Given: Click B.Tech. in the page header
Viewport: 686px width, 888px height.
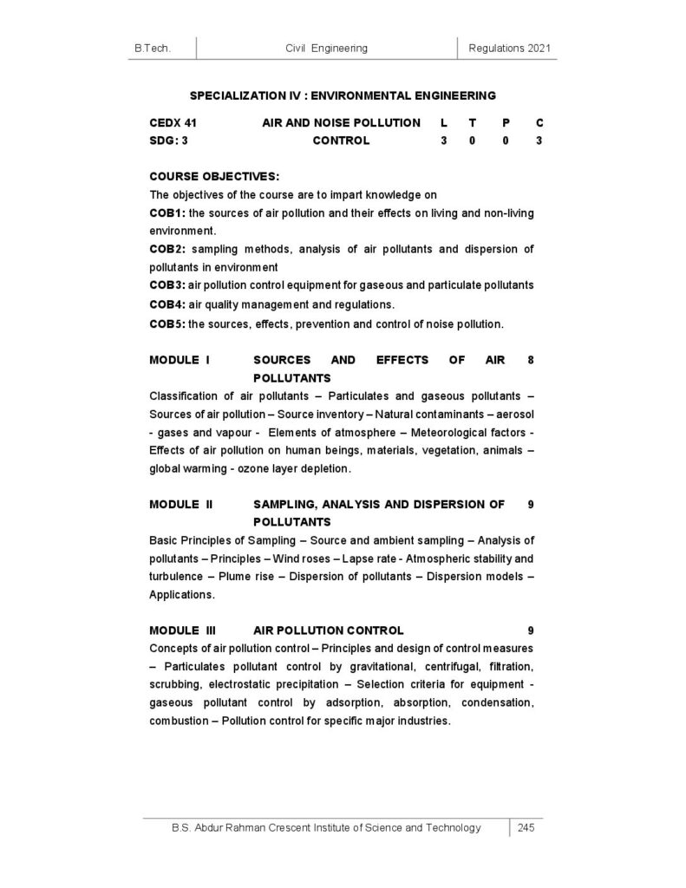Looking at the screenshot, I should (152, 49).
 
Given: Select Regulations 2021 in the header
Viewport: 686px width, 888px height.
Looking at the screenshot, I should (510, 49).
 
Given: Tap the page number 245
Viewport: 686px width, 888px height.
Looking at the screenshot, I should (526, 827).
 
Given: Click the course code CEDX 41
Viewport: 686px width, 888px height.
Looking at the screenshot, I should (173, 123).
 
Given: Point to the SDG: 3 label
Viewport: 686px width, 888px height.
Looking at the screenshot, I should (169, 140).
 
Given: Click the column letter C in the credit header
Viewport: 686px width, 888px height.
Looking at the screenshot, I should (539, 123).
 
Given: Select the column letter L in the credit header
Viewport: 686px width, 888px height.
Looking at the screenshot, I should (443, 123).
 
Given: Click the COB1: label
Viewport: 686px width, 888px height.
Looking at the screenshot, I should (167, 213).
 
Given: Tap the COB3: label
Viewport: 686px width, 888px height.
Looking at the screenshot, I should (167, 285).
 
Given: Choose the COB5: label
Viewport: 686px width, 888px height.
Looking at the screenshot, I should (167, 323).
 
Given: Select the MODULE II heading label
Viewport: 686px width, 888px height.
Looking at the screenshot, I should (180, 503).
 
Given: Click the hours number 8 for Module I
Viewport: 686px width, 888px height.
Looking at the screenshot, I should (531, 359).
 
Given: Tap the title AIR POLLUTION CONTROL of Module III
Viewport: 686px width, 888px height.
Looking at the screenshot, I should (328, 630).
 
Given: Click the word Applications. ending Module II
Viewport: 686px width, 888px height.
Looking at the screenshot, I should (180, 595).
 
